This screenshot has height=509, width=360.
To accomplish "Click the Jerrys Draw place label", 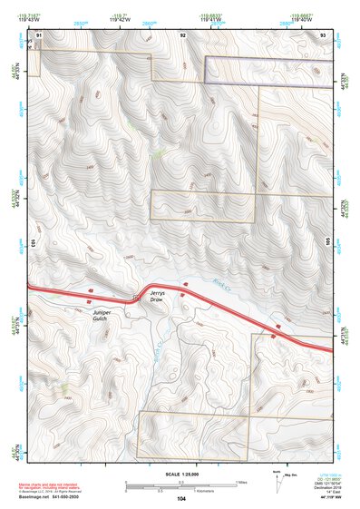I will pos(158,299).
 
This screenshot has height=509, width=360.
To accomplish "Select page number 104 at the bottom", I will pos(181,499).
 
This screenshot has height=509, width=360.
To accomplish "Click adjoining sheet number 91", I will pos(38,34).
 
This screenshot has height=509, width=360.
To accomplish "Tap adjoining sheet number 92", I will pos(182,34).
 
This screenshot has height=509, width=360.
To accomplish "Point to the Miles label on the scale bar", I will pos(241,482).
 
